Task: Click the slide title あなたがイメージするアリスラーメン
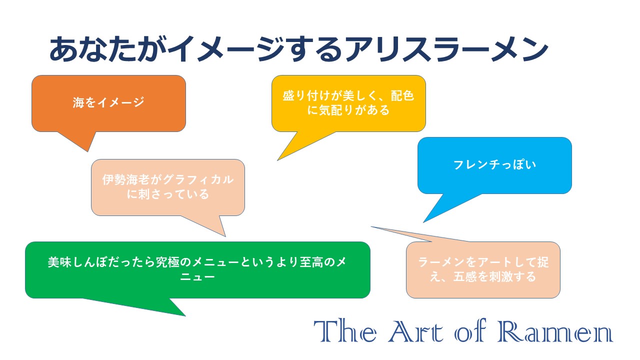298,49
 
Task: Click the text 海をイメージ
108,102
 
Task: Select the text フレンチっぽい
494,165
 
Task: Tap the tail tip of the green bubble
185,315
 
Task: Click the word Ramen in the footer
555,331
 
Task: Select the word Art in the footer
416,331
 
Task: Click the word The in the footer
345,331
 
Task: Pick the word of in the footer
470,331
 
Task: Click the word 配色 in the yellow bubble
402,95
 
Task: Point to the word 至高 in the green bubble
311,262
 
